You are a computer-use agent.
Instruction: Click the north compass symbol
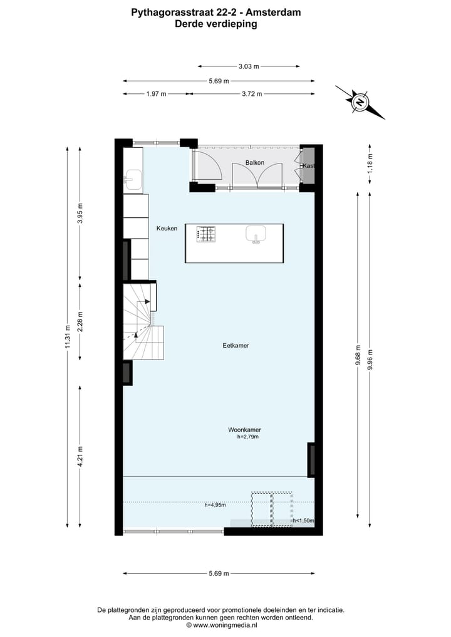pyautogui.click(x=360, y=102)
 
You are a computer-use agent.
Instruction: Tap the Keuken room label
pyautogui.click(x=167, y=229)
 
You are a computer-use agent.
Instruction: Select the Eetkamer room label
pyautogui.click(x=236, y=345)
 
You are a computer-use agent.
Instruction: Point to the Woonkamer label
pyautogui.click(x=244, y=430)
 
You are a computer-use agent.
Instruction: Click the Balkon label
pyautogui.click(x=255, y=163)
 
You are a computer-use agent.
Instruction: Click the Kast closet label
pyautogui.click(x=308, y=166)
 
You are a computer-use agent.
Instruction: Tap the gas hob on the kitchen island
pyautogui.click(x=207, y=234)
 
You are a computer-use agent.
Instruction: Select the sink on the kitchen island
pyautogui.click(x=256, y=234)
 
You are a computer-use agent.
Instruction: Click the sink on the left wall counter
pyautogui.click(x=133, y=179)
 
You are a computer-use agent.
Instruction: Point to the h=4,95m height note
pyautogui.click(x=215, y=505)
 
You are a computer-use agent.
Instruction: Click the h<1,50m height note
pyautogui.click(x=303, y=520)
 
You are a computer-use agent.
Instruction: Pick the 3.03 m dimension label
pyautogui.click(x=249, y=66)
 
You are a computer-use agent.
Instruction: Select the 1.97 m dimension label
pyautogui.click(x=156, y=94)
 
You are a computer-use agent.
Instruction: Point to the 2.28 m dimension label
pyautogui.click(x=80, y=320)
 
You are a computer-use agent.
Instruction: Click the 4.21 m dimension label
pyautogui.click(x=80, y=456)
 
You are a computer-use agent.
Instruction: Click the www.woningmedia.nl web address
pyautogui.click(x=225, y=625)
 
